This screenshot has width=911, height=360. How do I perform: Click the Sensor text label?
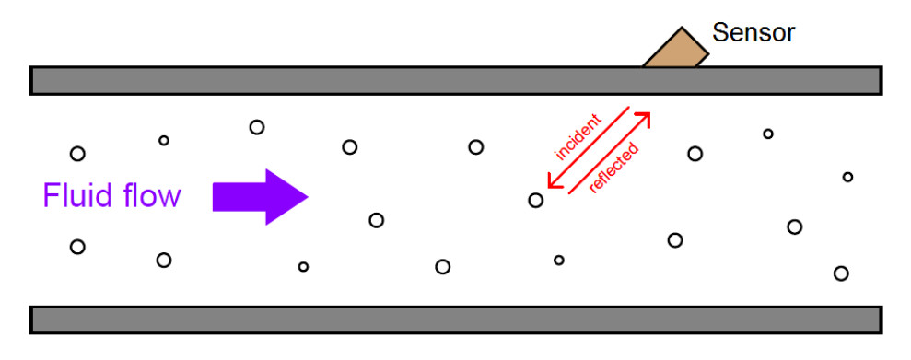753,34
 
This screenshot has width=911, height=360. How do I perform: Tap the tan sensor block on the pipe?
676,52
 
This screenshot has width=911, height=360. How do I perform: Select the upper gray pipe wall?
368,81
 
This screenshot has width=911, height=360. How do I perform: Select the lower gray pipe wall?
368,319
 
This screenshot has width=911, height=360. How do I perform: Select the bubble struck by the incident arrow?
535,200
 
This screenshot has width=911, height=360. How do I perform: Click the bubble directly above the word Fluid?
77,154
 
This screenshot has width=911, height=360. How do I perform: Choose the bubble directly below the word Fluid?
77,247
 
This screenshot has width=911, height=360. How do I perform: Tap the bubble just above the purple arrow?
257,127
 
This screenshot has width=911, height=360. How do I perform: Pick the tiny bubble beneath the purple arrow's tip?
303,267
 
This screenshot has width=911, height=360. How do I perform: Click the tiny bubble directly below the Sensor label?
767,134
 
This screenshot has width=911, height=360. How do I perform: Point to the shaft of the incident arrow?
590,147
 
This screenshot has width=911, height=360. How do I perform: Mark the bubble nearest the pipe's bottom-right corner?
840,273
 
